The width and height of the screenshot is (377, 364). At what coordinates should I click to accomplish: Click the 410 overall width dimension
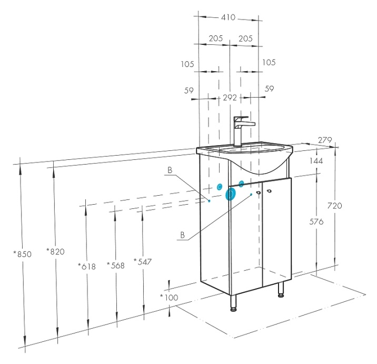point(228,17)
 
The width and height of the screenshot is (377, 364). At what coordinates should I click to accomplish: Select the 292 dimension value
point(230,98)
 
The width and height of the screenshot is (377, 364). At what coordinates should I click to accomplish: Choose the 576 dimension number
point(316,222)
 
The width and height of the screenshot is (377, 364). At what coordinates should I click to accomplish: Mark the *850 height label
point(23,254)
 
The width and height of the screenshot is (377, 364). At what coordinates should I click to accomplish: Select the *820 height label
point(55,251)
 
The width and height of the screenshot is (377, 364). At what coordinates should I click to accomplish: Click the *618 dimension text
point(86,266)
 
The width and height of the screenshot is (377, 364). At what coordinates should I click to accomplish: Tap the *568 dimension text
point(115,265)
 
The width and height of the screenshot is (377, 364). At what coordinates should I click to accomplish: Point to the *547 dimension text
point(143,261)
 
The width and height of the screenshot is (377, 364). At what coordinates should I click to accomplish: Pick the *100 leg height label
point(169,298)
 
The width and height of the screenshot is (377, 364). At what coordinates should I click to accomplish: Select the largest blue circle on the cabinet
point(230,194)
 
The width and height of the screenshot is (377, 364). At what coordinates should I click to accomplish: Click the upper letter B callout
point(170,170)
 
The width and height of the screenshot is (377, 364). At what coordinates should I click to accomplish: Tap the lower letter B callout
point(182,235)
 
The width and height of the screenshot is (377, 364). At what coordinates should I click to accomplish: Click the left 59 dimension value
point(190,90)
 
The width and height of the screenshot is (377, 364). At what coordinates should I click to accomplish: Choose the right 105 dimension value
point(269,63)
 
